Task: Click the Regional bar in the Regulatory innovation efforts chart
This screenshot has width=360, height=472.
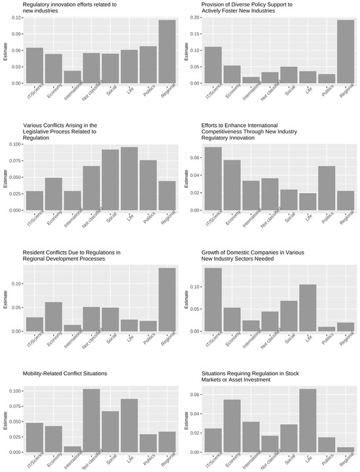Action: click(167, 52)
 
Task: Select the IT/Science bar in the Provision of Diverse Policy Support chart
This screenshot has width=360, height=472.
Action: click(213, 65)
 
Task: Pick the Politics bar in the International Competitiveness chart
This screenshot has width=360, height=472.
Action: click(327, 188)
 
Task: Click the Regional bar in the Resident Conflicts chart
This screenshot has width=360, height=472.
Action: click(167, 300)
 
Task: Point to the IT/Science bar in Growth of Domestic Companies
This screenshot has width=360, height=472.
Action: click(213, 300)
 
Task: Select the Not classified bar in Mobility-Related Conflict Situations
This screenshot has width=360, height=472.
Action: click(92, 420)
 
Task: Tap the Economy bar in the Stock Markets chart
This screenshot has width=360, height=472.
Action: click(232, 426)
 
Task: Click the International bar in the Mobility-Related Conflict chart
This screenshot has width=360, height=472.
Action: click(73, 449)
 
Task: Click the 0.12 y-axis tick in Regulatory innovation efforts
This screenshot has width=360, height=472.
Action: click(16, 18)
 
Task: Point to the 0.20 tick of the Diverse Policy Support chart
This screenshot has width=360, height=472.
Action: click(195, 18)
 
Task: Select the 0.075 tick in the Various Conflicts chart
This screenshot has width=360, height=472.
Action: click(15, 161)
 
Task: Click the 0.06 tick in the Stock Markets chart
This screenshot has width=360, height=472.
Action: click(195, 395)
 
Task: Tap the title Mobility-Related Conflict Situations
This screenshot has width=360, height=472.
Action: click(65, 373)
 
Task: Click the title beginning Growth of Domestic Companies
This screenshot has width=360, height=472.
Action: click(253, 255)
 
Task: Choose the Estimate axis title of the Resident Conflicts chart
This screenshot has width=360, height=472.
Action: click(5, 299)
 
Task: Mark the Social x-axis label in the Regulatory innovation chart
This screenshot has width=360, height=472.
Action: click(112, 90)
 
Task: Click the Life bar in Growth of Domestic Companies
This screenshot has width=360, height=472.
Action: click(308, 308)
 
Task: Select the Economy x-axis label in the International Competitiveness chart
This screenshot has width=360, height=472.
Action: click(233, 218)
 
